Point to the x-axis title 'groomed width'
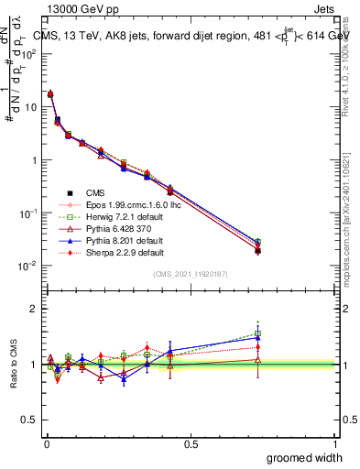coord(305,457)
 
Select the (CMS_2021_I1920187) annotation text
coord(191,275)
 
